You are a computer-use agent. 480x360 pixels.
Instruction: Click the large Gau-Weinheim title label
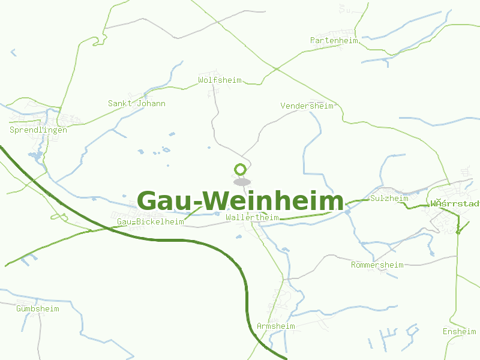(240, 201)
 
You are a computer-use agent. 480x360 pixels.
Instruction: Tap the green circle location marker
(241, 170)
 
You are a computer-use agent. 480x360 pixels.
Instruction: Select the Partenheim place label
(334, 41)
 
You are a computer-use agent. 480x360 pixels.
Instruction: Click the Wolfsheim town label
(220, 80)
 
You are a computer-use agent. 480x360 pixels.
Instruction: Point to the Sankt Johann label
(136, 104)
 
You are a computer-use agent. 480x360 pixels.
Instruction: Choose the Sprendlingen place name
(38, 130)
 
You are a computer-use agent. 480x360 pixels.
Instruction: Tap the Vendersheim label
(307, 106)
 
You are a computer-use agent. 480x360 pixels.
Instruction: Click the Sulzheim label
(389, 199)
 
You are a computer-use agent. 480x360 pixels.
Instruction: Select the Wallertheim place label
(253, 217)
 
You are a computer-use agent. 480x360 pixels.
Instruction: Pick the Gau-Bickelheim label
(151, 222)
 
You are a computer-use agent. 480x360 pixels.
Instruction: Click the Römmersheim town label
(377, 265)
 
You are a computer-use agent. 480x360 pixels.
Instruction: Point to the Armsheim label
(275, 326)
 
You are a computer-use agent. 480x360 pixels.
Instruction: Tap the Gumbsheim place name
(38, 309)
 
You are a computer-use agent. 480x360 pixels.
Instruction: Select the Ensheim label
(459, 332)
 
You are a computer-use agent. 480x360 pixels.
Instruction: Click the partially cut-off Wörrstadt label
(455, 204)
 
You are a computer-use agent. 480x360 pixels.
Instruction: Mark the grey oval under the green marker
(242, 182)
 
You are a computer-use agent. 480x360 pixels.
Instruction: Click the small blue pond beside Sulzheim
(347, 211)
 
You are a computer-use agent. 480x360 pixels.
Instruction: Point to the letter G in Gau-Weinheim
(148, 202)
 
